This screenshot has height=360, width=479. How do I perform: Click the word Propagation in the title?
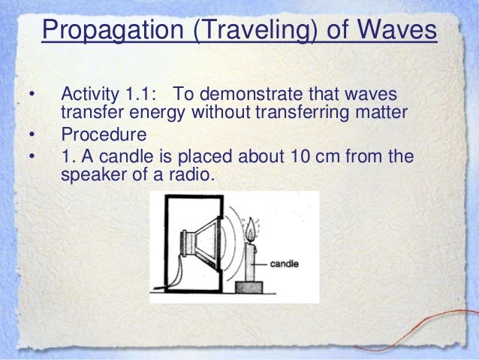[113, 31]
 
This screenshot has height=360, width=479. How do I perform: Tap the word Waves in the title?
[397, 29]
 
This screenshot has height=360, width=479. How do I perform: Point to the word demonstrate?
[252, 94]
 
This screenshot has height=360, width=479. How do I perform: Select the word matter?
[381, 112]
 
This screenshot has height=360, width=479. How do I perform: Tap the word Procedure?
[104, 135]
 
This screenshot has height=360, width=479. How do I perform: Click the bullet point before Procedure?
[32, 135]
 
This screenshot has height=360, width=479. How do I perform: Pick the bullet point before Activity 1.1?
[32, 95]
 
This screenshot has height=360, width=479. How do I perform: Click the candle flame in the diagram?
[251, 229]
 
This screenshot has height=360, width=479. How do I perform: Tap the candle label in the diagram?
[284, 264]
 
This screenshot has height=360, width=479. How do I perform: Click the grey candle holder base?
[249, 287]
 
